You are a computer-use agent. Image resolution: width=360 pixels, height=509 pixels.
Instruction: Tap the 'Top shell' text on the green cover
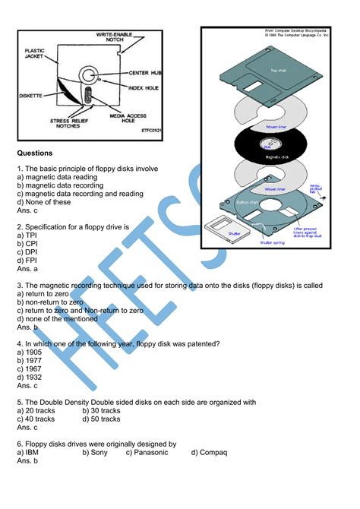coord(277,70)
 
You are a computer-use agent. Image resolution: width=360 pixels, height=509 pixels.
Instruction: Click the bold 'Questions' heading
coord(35,152)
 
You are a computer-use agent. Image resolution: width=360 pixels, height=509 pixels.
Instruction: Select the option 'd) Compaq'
coord(209,452)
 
